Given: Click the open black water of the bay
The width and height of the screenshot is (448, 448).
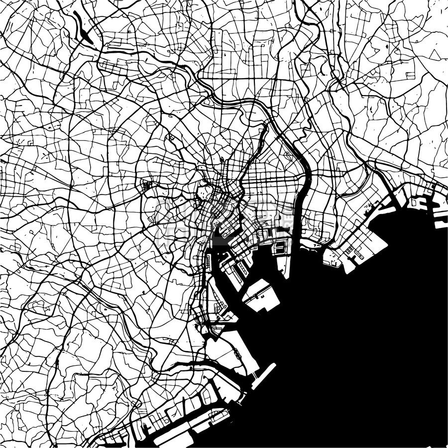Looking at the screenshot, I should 358,348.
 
